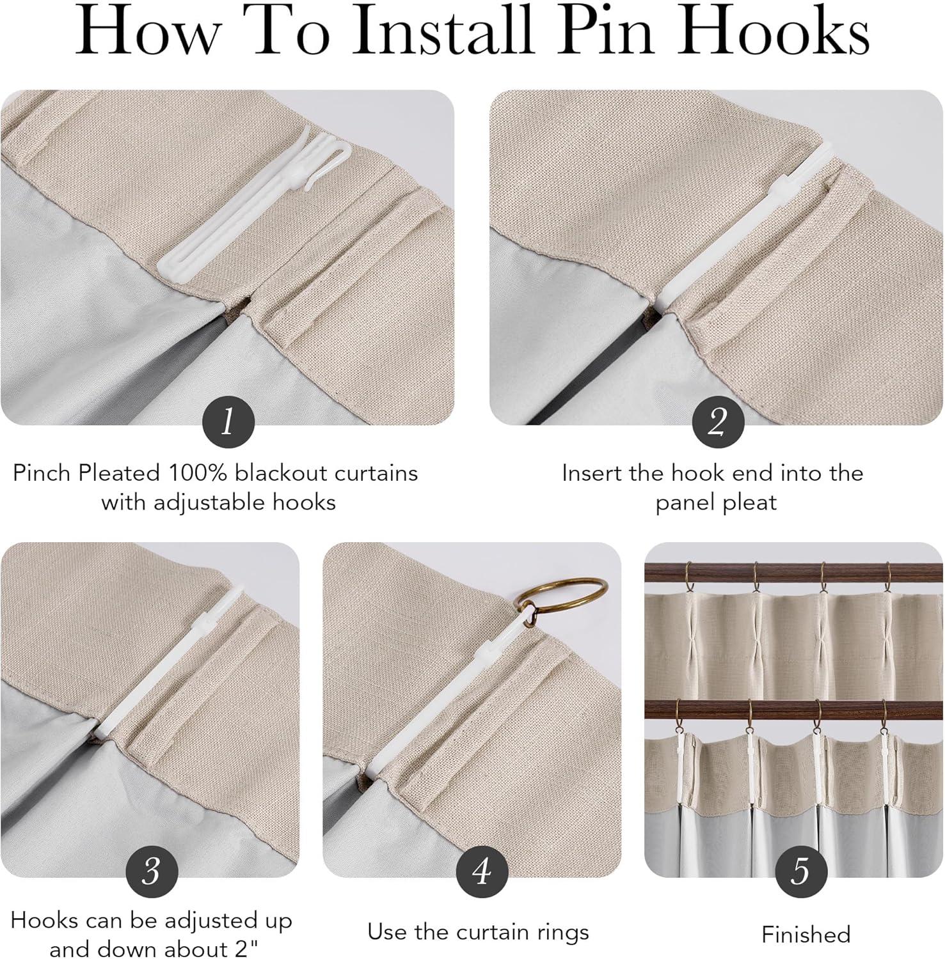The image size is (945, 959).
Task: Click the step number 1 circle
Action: pos(228,422)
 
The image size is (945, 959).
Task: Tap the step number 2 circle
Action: pos(718,422)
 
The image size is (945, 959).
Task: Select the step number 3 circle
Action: pos(152,871)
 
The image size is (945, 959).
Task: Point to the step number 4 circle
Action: pos(482,871)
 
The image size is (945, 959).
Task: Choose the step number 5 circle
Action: pos(801,871)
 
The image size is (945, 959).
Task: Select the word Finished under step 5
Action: pos(806,935)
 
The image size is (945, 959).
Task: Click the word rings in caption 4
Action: pos(559,933)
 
